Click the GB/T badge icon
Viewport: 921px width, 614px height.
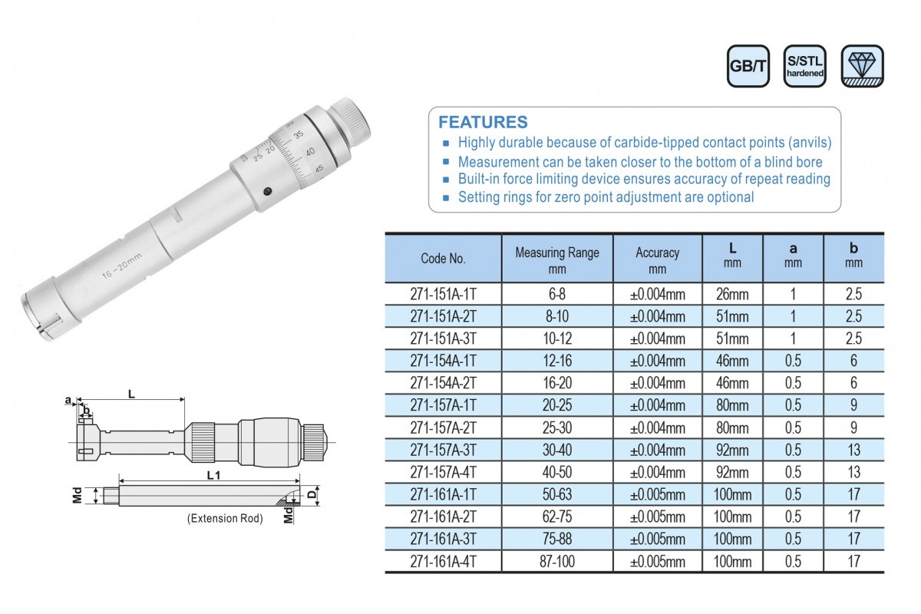pyautogui.click(x=748, y=66)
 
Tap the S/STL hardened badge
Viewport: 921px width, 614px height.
pyautogui.click(x=804, y=66)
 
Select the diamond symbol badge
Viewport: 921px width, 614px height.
pyautogui.click(x=862, y=66)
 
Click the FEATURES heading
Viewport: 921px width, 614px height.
pyautogui.click(x=483, y=122)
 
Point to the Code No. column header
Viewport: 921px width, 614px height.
pyautogui.click(x=443, y=259)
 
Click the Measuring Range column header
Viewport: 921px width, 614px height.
pyautogui.click(x=557, y=260)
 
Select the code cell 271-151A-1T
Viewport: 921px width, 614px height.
pyautogui.click(x=443, y=294)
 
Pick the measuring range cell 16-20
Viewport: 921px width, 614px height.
pyautogui.click(x=557, y=383)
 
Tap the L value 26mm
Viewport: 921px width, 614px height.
pyautogui.click(x=732, y=294)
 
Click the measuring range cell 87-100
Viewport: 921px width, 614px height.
pyautogui.click(x=557, y=561)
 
